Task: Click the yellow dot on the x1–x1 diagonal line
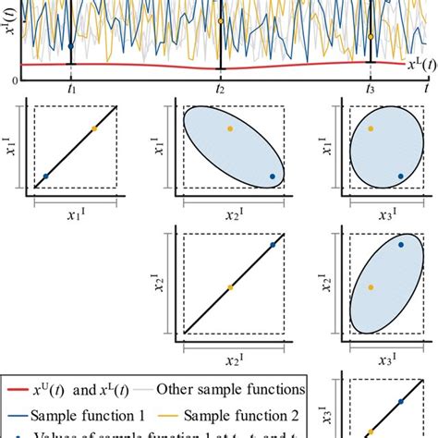coord(93,129)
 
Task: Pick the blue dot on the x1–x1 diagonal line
coord(45,175)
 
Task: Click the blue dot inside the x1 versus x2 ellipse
coord(273,176)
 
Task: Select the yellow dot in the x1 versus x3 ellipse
coord(371,128)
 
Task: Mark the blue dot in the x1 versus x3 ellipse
coord(401,175)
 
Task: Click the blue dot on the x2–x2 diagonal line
coord(274,244)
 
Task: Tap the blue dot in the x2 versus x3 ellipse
coord(401,245)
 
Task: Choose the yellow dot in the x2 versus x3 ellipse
coord(371,287)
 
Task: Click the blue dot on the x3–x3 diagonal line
coord(400,402)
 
